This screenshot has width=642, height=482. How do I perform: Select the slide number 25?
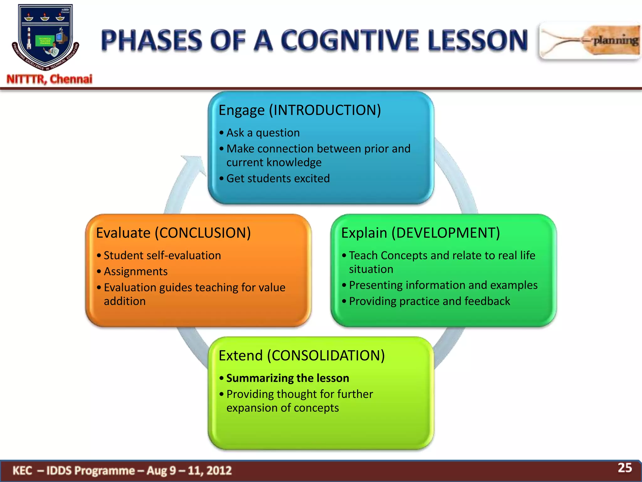624,468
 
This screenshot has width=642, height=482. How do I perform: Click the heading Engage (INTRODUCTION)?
300,110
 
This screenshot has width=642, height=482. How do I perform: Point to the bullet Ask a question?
263,133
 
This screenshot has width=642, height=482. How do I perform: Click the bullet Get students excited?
278,179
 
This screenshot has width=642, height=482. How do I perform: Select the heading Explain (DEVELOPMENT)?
420,233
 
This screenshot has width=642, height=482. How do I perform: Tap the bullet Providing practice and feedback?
429,301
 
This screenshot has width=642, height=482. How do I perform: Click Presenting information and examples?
443,285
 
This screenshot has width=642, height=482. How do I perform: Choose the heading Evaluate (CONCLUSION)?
173,233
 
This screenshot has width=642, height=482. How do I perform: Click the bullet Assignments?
135,271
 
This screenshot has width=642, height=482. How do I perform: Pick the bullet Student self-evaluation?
162,255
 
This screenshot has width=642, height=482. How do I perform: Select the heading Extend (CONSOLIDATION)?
302,356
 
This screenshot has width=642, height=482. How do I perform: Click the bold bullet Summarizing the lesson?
287,378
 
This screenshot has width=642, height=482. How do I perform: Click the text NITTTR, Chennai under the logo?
50,79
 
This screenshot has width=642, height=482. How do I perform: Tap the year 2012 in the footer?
219,470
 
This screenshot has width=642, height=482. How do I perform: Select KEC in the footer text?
22,470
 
